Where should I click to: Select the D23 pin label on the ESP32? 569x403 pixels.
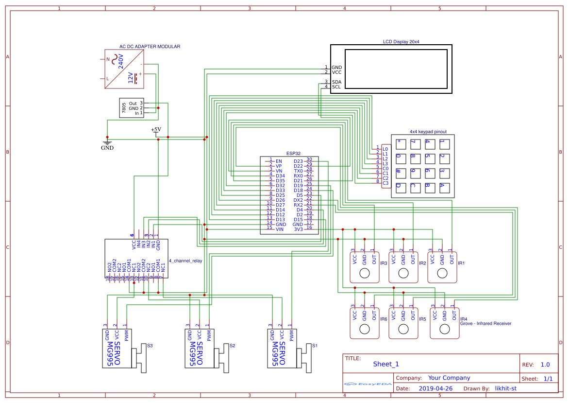click(x=298, y=161)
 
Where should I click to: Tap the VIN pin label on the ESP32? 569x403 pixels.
click(x=280, y=228)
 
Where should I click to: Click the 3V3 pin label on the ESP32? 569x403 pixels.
click(x=298, y=228)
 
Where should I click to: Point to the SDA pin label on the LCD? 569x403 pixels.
click(x=336, y=82)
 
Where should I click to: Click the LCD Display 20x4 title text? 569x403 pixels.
click(x=401, y=42)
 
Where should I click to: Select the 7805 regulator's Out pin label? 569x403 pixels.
click(x=133, y=104)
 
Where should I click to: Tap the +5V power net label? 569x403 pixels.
click(x=156, y=130)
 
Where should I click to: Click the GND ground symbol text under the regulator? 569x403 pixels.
click(x=107, y=148)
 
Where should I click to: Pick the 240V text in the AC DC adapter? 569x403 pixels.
click(x=121, y=62)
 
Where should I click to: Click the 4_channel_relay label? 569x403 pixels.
click(x=185, y=261)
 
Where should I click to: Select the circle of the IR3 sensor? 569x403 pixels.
click(x=364, y=273)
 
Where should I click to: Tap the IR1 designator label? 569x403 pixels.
click(x=461, y=263)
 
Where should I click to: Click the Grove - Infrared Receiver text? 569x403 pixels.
click(x=485, y=323)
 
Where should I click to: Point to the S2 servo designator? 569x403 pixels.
click(x=232, y=346)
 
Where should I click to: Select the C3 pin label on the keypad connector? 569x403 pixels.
click(x=385, y=183)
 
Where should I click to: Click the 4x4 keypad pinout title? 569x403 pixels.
click(x=428, y=132)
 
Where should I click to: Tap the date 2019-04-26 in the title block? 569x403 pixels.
click(x=435, y=388)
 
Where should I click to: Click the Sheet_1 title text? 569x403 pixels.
click(x=386, y=364)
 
